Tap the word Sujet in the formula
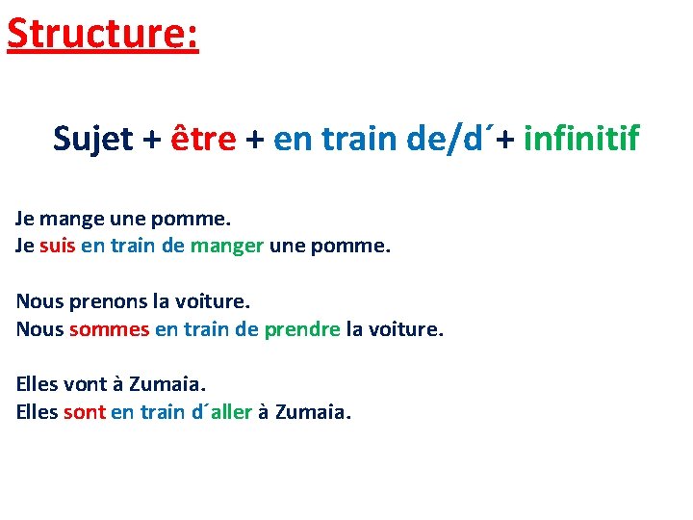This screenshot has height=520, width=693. tap(93, 140)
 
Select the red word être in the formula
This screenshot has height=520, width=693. tap(203, 140)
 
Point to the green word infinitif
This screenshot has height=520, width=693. tap(581, 140)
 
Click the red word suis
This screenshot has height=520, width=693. tap(57, 246)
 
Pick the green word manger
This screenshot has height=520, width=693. tap(226, 246)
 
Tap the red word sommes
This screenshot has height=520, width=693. tap(107, 329)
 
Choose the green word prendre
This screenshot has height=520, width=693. tap(301, 329)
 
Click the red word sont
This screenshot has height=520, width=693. tap(84, 413)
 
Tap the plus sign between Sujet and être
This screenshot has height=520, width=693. tap(152, 141)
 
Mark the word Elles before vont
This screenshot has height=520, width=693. tap(37, 385)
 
